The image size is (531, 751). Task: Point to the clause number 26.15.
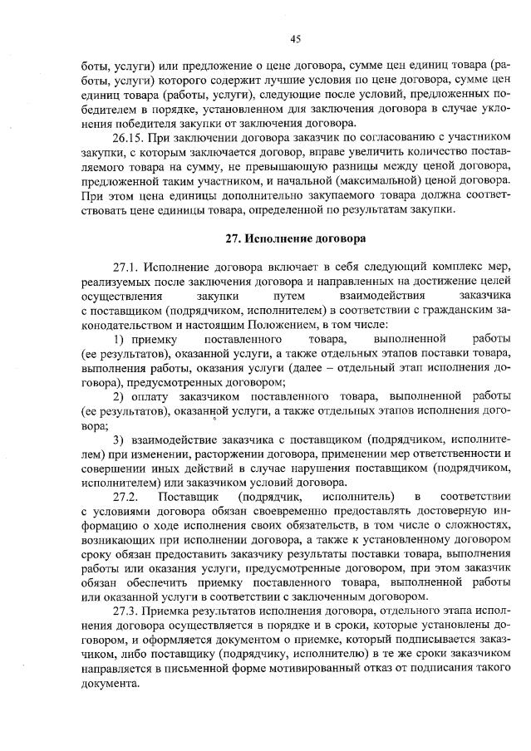click(x=130, y=136)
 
